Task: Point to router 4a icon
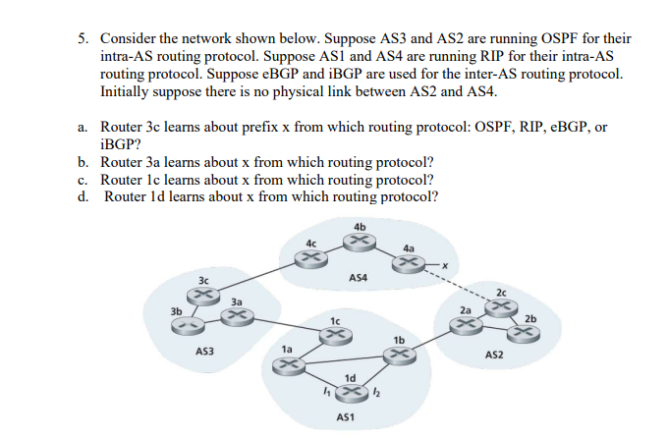tap(410, 262)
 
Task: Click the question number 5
tap(84, 37)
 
